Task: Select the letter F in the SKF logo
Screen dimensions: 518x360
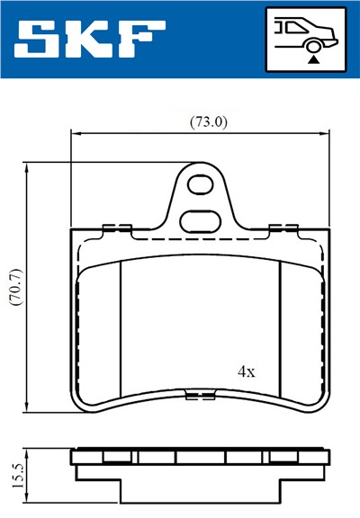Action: coord(143,39)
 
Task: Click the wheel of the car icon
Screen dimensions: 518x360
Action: coord(312,45)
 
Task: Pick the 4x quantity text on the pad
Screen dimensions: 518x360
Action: coord(246,371)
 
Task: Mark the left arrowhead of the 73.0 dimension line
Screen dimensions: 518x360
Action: coord(75,134)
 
